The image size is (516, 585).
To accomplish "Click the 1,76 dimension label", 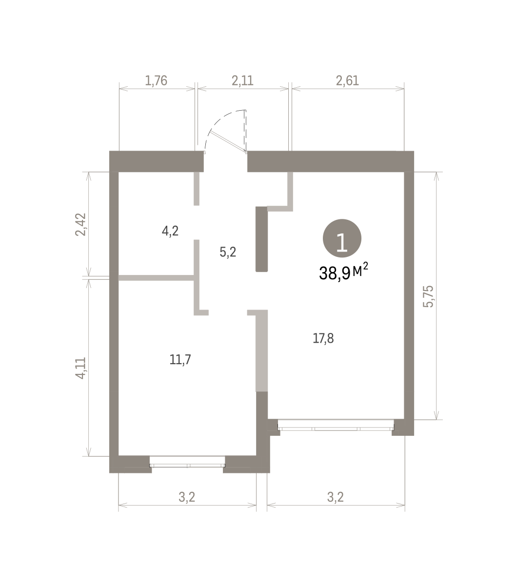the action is (156, 80).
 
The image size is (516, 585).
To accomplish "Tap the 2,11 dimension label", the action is (243, 80).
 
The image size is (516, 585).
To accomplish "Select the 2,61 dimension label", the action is (348, 80).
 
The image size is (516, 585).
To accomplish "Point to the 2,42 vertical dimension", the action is (80, 225).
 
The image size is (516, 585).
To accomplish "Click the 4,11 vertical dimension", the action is (80, 368).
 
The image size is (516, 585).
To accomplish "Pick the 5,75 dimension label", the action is (428, 296).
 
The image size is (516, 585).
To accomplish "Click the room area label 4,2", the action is (170, 231).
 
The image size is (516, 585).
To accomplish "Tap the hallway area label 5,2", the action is (228, 252).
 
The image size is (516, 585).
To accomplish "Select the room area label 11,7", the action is (180, 360).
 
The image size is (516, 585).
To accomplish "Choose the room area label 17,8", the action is (323, 338).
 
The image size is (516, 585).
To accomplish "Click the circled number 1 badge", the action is (342, 238).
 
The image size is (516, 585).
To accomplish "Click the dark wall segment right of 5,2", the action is (262, 239).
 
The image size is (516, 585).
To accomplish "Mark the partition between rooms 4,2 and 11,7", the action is (156, 278).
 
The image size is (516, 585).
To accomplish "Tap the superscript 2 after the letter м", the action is (365, 266).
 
